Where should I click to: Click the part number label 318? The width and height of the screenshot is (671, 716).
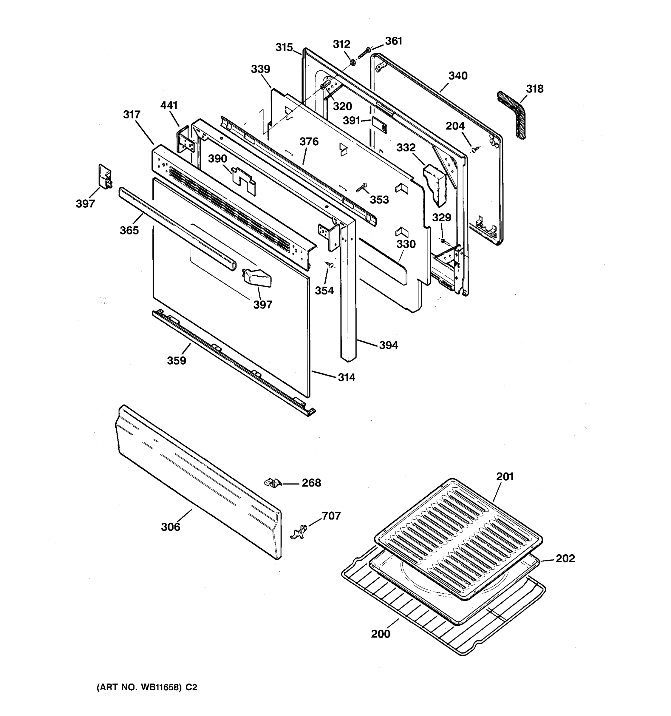point(535,89)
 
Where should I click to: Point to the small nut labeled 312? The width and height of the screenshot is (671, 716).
point(353,63)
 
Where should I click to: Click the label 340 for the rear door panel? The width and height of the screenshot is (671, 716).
point(457,76)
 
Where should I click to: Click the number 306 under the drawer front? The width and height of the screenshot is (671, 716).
point(170,527)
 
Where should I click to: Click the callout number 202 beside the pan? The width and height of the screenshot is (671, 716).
point(565,558)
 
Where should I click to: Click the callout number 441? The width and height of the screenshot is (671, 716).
point(169,105)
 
